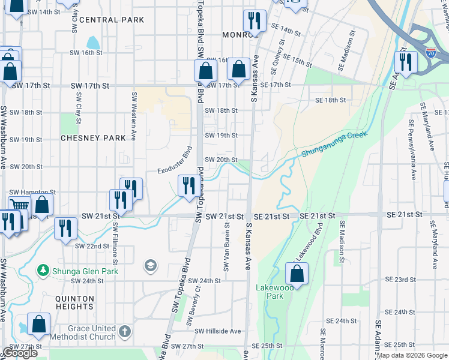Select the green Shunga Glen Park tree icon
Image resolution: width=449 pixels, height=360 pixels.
click(x=43, y=271)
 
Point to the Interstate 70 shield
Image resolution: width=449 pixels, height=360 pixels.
click(x=430, y=52)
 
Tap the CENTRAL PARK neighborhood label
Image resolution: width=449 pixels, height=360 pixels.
click(x=112, y=20)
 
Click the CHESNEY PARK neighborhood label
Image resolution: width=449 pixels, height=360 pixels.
click(x=93, y=138)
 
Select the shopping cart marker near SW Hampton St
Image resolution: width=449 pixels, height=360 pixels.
click(x=19, y=206)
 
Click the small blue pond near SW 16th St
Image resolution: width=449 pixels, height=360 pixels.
click(x=94, y=43)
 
